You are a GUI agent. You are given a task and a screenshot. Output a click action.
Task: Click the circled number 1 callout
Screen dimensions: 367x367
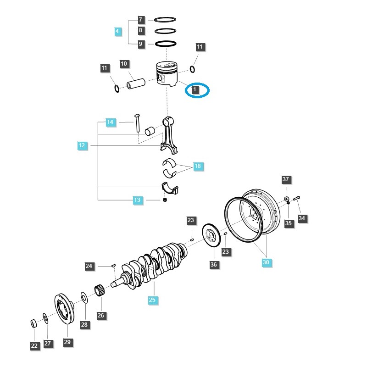(x=196, y=90)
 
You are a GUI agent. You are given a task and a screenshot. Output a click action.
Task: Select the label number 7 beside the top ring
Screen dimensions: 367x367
(x=141, y=20)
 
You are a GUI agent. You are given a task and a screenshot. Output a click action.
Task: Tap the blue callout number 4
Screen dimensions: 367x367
(x=118, y=32)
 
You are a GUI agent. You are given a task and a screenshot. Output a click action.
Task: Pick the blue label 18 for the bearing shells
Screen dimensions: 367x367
(x=198, y=167)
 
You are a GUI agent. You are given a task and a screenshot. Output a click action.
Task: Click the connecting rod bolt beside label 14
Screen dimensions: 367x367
(x=137, y=123)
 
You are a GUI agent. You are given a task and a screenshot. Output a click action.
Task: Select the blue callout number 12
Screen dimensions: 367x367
(x=82, y=146)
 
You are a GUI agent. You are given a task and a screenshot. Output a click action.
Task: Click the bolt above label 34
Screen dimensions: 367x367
(x=296, y=198)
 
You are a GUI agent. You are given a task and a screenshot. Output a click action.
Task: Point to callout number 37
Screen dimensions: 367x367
(x=286, y=179)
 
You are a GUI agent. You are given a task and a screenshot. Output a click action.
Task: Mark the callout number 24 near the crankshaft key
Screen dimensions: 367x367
(x=89, y=266)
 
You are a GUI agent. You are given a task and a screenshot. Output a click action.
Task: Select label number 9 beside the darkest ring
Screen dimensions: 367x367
(x=141, y=44)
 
